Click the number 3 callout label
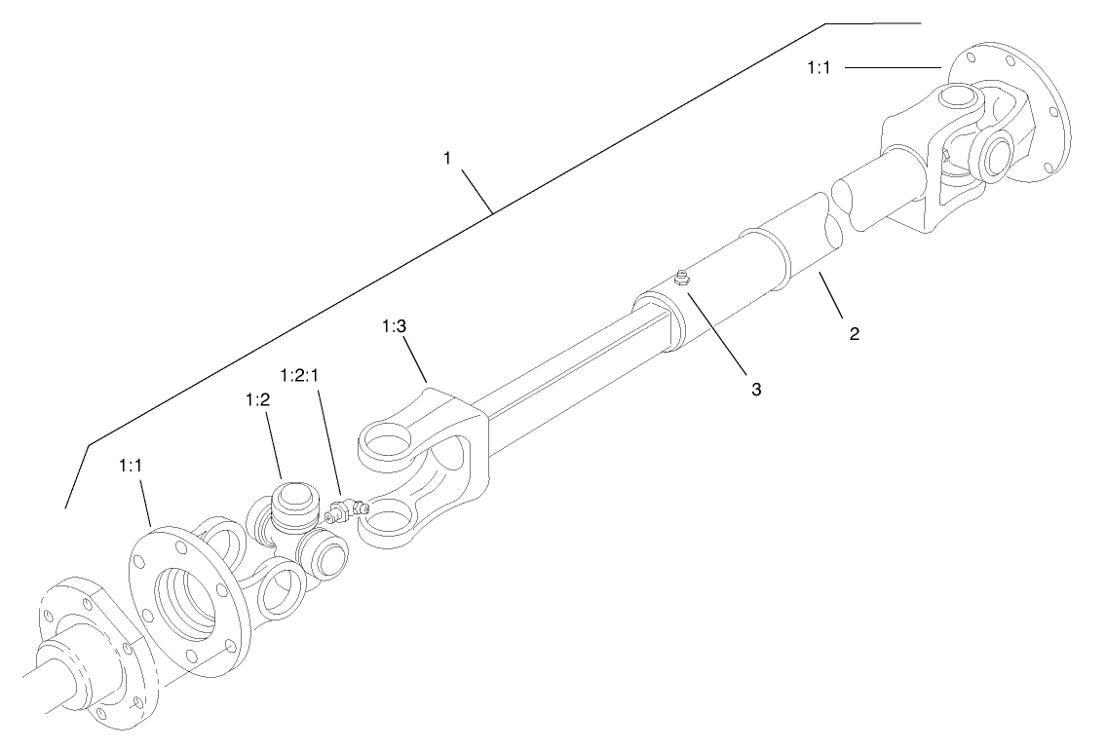coord(754,389)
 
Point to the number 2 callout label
coord(854,333)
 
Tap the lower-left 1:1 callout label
coord(132,468)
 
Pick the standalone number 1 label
coord(447,158)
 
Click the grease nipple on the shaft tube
coord(682,280)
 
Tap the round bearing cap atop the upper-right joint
coord(962,97)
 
